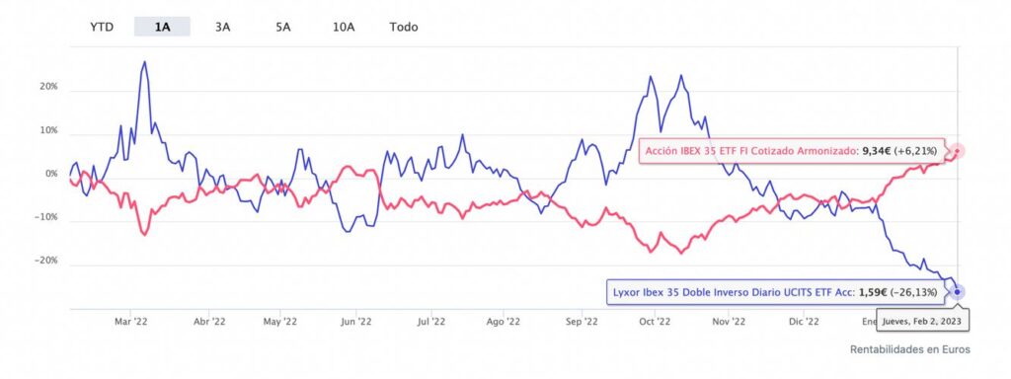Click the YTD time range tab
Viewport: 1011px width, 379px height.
coord(102,27)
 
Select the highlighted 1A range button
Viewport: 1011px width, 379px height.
coord(162,27)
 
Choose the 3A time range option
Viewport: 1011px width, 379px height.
coord(222,27)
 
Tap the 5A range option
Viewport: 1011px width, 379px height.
coord(282,27)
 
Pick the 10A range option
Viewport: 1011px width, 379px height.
coord(344,27)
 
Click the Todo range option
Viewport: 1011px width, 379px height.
coord(404,27)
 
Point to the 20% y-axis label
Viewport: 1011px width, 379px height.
coord(47,87)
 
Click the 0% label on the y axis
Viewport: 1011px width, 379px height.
coord(50,175)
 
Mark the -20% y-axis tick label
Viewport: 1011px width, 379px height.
coord(45,262)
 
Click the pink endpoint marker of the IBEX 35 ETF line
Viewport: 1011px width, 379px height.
coord(957,151)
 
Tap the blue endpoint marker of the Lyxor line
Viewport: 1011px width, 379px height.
coord(957,291)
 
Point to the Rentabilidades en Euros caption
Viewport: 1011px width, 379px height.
coord(909,349)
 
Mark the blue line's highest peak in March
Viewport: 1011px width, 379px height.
coord(145,62)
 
